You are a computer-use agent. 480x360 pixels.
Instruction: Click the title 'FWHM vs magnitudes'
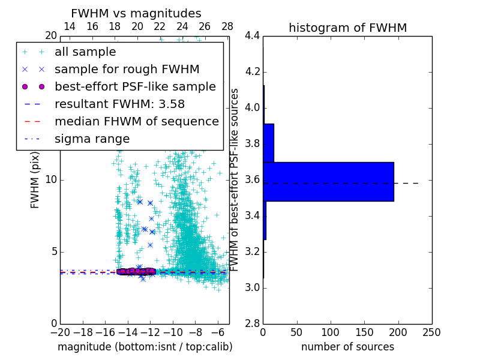pyautogui.click(x=136, y=14)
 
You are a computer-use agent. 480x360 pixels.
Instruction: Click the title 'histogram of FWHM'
pyautogui.click(x=347, y=28)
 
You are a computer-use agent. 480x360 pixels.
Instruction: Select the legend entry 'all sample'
pyautogui.click(x=85, y=52)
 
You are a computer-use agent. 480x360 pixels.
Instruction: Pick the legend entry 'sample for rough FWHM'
pyautogui.click(x=127, y=69)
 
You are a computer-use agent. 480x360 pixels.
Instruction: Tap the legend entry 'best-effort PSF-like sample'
pyautogui.click(x=135, y=86)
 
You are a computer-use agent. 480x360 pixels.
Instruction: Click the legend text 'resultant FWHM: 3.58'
pyautogui.click(x=119, y=104)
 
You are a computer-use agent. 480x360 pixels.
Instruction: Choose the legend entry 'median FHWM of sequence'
pyautogui.click(x=137, y=121)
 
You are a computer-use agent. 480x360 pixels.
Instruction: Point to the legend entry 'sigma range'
pyautogui.click(x=92, y=139)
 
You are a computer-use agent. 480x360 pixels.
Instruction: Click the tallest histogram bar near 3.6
pyautogui.click(x=328, y=181)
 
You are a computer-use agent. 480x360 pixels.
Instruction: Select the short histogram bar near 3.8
pyautogui.click(x=268, y=143)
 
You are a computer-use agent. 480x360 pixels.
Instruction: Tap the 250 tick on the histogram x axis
pyautogui.click(x=431, y=331)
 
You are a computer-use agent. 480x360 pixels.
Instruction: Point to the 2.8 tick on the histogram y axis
pyautogui.click(x=252, y=324)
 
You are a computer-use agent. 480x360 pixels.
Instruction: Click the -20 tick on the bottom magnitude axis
pyautogui.click(x=60, y=331)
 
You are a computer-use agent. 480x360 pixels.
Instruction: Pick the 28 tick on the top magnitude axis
pyautogui.click(x=227, y=26)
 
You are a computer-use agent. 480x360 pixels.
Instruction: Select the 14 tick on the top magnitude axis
pyautogui.click(x=70, y=26)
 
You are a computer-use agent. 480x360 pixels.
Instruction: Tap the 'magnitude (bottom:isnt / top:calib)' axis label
pyautogui.click(x=145, y=347)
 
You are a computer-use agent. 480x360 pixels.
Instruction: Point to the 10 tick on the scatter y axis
pyautogui.click(x=51, y=180)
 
